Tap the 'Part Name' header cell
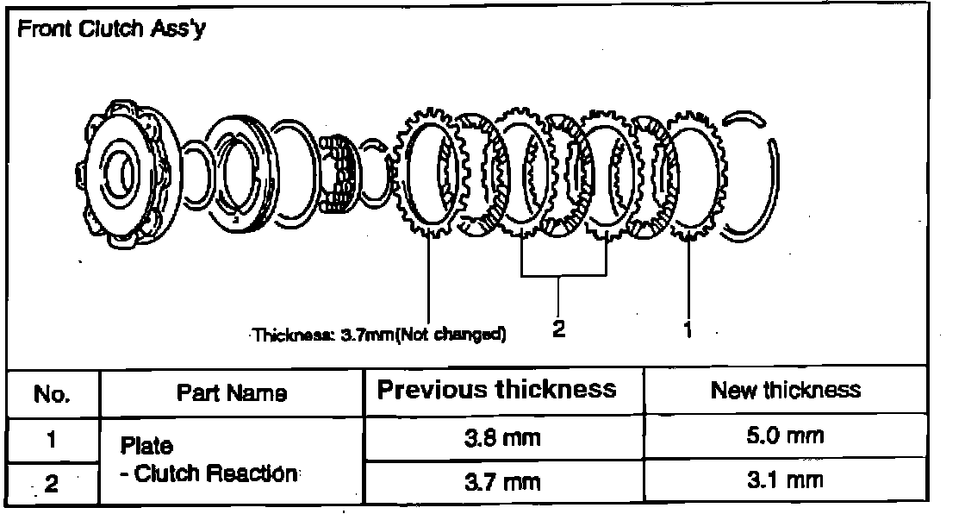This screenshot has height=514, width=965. click(232, 393)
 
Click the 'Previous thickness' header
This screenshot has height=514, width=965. click(497, 390)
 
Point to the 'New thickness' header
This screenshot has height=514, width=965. click(785, 390)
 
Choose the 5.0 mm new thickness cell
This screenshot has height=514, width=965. click(785, 436)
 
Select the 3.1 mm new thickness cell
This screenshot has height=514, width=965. click(785, 480)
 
